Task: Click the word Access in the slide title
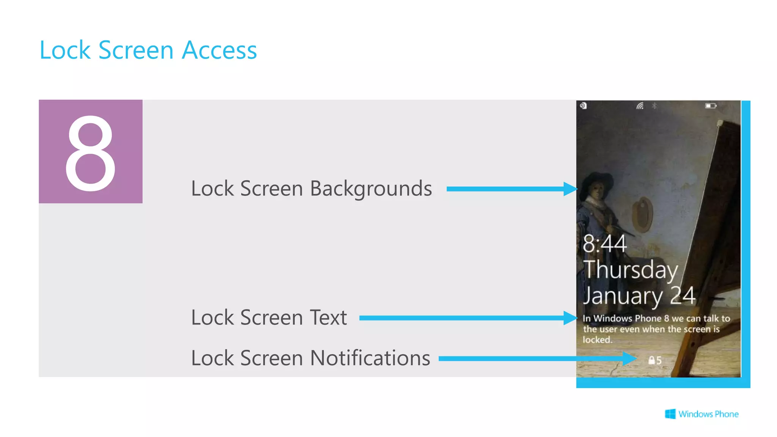pyautogui.click(x=219, y=50)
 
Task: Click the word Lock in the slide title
pyautogui.click(x=65, y=50)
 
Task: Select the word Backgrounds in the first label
pyautogui.click(x=371, y=189)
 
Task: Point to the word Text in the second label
pyautogui.click(x=328, y=318)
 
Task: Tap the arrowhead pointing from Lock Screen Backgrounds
pyautogui.click(x=570, y=189)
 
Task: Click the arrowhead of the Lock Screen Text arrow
pyautogui.click(x=570, y=318)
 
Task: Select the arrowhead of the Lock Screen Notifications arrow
pyautogui.click(x=629, y=358)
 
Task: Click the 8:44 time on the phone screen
pyautogui.click(x=604, y=244)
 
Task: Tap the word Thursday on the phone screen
pyautogui.click(x=630, y=270)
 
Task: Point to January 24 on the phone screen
pyautogui.click(x=639, y=296)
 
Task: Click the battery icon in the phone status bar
pyautogui.click(x=710, y=106)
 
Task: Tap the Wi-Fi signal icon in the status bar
pyautogui.click(x=640, y=106)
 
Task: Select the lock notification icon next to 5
pyautogui.click(x=651, y=360)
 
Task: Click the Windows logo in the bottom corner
pyautogui.click(x=670, y=414)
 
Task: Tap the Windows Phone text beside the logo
pyautogui.click(x=708, y=414)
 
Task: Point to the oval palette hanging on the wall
pyautogui.click(x=642, y=214)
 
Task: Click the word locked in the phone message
pyautogui.click(x=597, y=340)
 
